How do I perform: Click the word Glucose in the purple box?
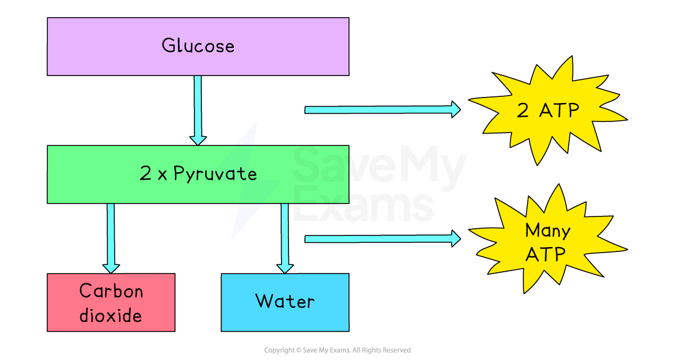pos(198,46)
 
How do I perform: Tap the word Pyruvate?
pos(215,174)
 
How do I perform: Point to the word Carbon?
pos(111,291)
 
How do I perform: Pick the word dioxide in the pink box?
pos(111,315)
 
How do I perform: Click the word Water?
pos(285,301)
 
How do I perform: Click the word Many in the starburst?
pos(547,231)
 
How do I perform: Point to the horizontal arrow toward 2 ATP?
pos(380,110)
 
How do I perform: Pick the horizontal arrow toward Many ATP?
pos(380,239)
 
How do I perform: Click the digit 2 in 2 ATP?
pos(523,111)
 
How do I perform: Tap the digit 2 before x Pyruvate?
pos(145,174)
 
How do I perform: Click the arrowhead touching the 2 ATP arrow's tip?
pos(455,110)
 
